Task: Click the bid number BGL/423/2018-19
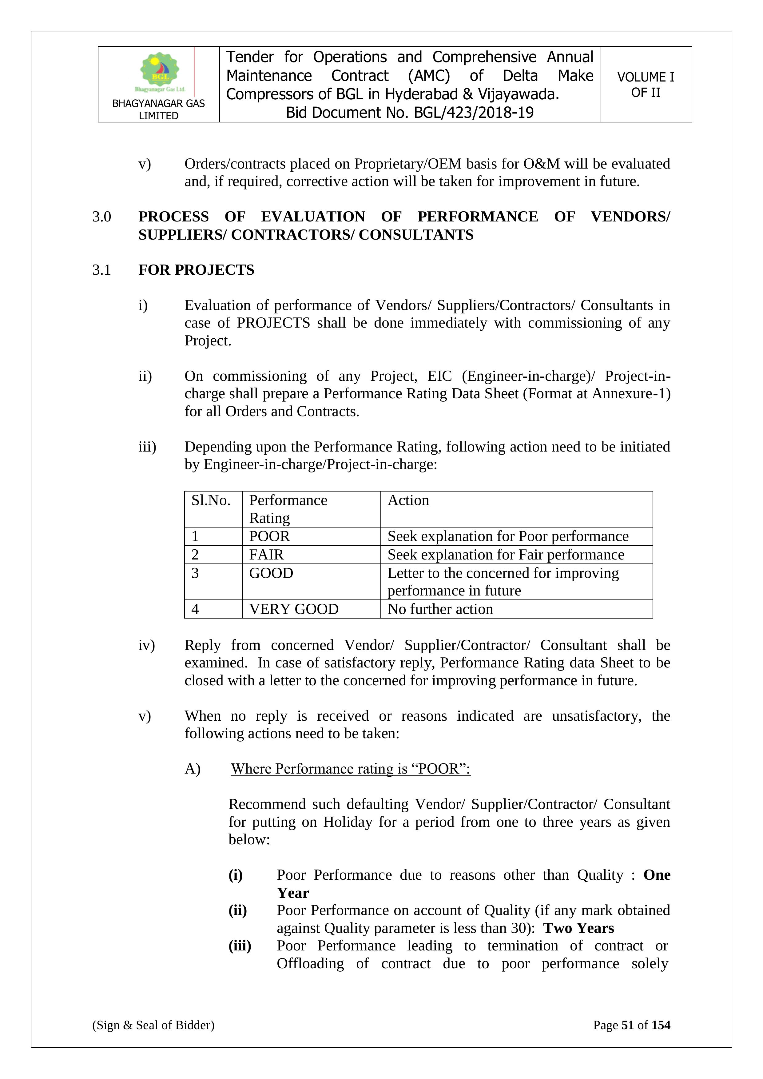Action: (x=474, y=113)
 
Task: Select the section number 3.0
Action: (x=101, y=217)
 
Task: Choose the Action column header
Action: (x=408, y=500)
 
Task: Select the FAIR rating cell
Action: (x=266, y=555)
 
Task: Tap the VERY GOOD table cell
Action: (x=294, y=609)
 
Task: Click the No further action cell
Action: (x=440, y=609)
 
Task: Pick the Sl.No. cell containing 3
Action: (x=195, y=573)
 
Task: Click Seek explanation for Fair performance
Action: (x=506, y=555)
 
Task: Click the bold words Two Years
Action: (x=579, y=928)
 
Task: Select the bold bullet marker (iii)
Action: (x=240, y=946)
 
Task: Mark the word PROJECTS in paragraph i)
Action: (x=273, y=323)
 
